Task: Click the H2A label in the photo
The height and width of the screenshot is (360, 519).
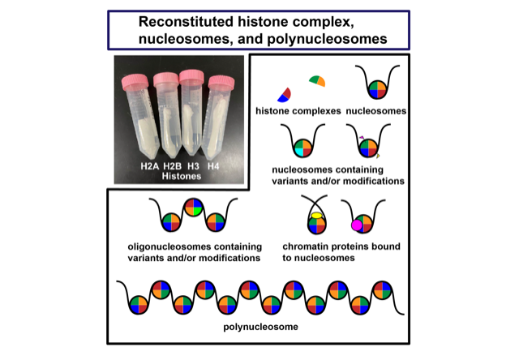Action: click(149, 165)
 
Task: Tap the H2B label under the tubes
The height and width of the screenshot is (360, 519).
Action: click(172, 165)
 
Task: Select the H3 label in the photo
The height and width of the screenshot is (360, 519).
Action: click(193, 165)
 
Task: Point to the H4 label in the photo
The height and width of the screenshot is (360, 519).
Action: click(213, 165)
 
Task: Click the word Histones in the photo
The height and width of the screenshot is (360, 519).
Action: click(182, 176)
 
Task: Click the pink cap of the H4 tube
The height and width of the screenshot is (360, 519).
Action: click(221, 83)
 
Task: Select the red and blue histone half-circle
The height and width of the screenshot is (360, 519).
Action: click(285, 96)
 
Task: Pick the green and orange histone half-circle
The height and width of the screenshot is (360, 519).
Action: click(317, 81)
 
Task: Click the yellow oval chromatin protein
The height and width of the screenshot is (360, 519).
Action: click(316, 216)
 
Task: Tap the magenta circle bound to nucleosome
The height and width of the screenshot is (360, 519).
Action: click(357, 225)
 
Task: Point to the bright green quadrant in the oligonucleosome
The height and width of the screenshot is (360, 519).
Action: click(198, 211)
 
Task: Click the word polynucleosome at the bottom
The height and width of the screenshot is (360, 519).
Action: click(260, 327)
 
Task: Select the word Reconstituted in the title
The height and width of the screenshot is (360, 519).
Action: click(186, 22)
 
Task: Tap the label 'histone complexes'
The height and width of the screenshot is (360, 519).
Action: click(298, 111)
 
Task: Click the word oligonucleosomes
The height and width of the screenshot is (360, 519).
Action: click(169, 246)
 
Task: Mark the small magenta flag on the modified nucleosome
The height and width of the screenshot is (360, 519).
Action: click(362, 137)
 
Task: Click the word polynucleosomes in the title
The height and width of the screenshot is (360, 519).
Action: click(327, 40)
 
